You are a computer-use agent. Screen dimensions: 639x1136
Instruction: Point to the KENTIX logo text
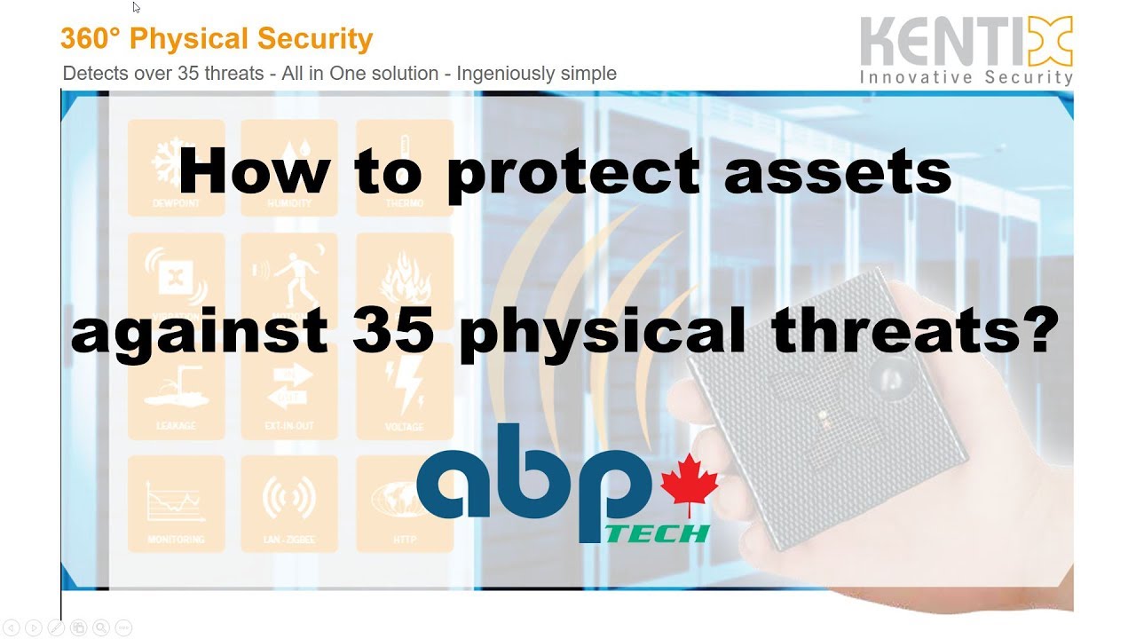click(x=966, y=43)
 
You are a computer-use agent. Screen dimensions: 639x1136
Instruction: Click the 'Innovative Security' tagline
click(x=966, y=78)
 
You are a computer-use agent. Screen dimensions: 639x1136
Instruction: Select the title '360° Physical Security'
click(x=217, y=39)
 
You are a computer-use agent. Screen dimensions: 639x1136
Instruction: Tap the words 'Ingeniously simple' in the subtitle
click(x=536, y=74)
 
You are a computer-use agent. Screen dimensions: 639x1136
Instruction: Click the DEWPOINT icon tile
click(x=176, y=168)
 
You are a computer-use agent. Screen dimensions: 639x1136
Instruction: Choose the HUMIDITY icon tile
click(x=289, y=168)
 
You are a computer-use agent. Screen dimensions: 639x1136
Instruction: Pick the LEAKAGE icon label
click(x=175, y=426)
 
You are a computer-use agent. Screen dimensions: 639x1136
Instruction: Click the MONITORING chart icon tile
click(x=176, y=502)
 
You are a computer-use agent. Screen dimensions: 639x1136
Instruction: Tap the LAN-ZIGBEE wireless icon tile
click(x=289, y=502)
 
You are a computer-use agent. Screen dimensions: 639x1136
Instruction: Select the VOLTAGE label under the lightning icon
click(x=404, y=426)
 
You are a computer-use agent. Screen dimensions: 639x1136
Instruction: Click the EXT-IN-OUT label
click(x=289, y=426)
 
